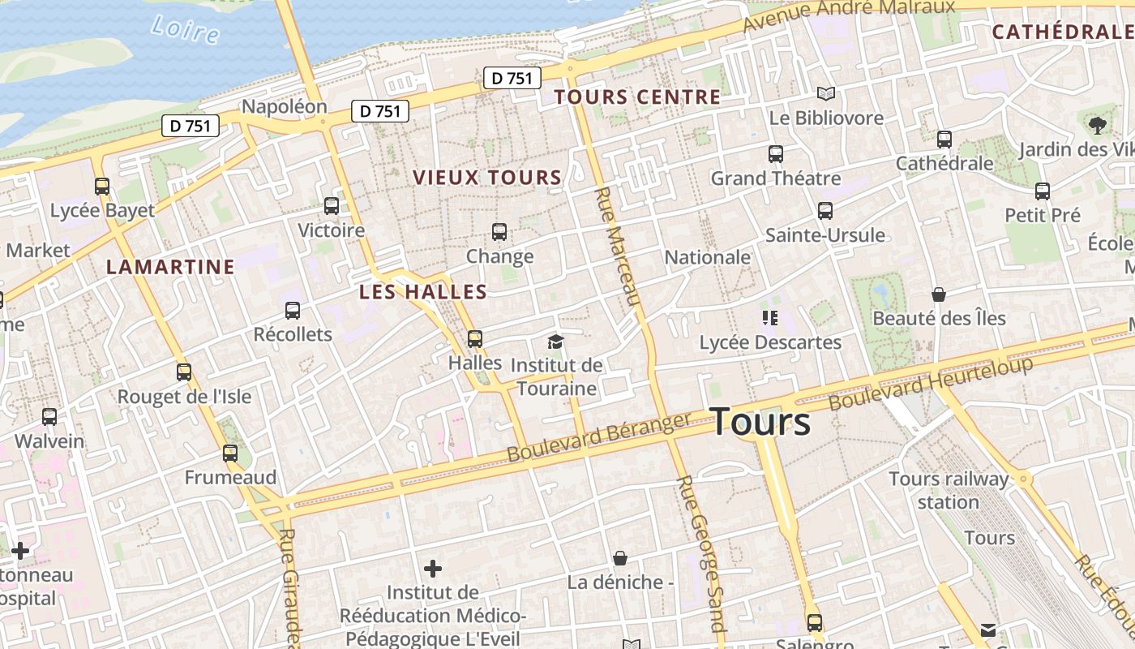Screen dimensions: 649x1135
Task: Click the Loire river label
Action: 185,28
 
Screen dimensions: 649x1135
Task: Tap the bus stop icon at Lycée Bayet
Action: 102,187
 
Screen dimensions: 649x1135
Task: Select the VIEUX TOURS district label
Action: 487,178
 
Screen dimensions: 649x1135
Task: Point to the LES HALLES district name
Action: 423,292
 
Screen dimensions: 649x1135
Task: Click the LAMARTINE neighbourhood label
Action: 170,267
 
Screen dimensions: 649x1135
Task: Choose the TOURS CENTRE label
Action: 637,97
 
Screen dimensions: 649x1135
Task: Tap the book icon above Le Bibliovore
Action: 825,94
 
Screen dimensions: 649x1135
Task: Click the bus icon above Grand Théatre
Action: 776,153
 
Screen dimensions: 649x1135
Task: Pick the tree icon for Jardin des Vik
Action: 1098,125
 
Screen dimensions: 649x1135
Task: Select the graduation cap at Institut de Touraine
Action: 555,342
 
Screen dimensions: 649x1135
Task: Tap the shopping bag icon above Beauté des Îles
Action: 939,294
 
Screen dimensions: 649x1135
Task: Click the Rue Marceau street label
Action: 618,247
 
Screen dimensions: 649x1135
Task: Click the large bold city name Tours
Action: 760,422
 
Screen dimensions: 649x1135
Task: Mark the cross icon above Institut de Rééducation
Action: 433,568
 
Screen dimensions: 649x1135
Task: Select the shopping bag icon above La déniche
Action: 620,558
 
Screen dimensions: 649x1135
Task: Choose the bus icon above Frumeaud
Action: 230,453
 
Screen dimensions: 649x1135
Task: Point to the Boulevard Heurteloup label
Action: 931,383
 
